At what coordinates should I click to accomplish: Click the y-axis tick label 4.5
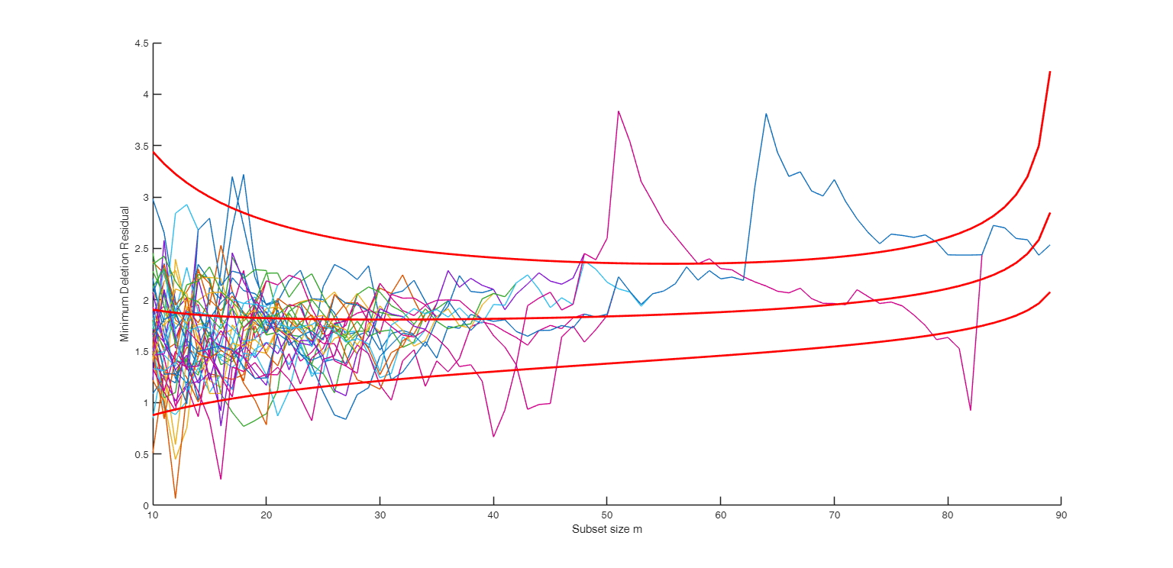[141, 44]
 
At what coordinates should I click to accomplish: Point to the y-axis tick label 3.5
[141, 146]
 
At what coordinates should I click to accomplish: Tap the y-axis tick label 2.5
[141, 249]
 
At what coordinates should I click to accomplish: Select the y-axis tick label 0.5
[141, 454]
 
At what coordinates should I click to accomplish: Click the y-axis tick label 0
[145, 505]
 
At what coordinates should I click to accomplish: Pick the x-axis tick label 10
[153, 516]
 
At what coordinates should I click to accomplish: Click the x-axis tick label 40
[493, 516]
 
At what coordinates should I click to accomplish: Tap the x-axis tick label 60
[720, 516]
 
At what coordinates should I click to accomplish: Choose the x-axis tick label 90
[1061, 516]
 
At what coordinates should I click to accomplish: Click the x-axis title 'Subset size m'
[607, 530]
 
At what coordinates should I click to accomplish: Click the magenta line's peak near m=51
[619, 111]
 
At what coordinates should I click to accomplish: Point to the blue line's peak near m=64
[766, 114]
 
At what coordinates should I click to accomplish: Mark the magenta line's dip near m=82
[970, 410]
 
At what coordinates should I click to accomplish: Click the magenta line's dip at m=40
[493, 437]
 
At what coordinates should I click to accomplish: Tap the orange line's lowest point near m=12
[176, 498]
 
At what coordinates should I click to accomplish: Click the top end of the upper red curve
[1050, 72]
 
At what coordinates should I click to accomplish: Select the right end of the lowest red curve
[1050, 292]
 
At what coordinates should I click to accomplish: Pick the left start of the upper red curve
[153, 152]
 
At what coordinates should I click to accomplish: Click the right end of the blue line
[1050, 245]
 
